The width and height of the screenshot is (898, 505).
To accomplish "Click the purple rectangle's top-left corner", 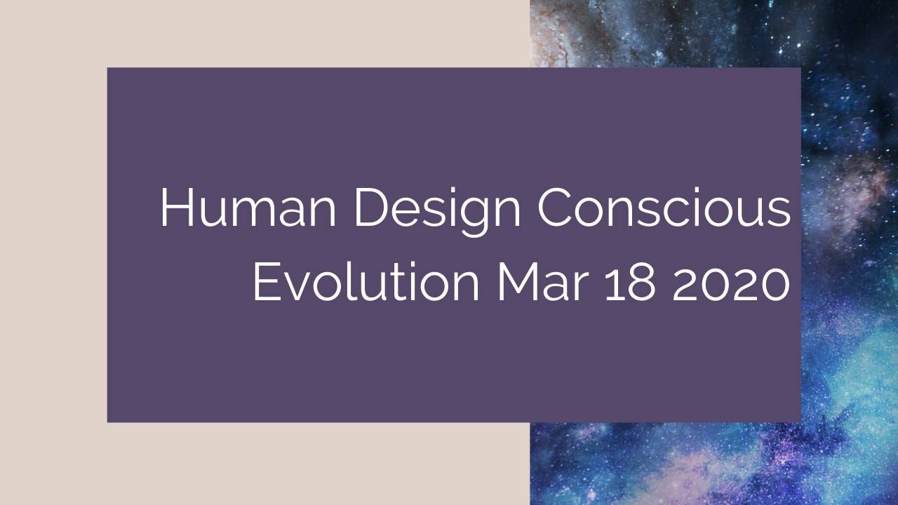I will point(108,69).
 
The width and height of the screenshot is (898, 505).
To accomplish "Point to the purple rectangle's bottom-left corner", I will point(108,421).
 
